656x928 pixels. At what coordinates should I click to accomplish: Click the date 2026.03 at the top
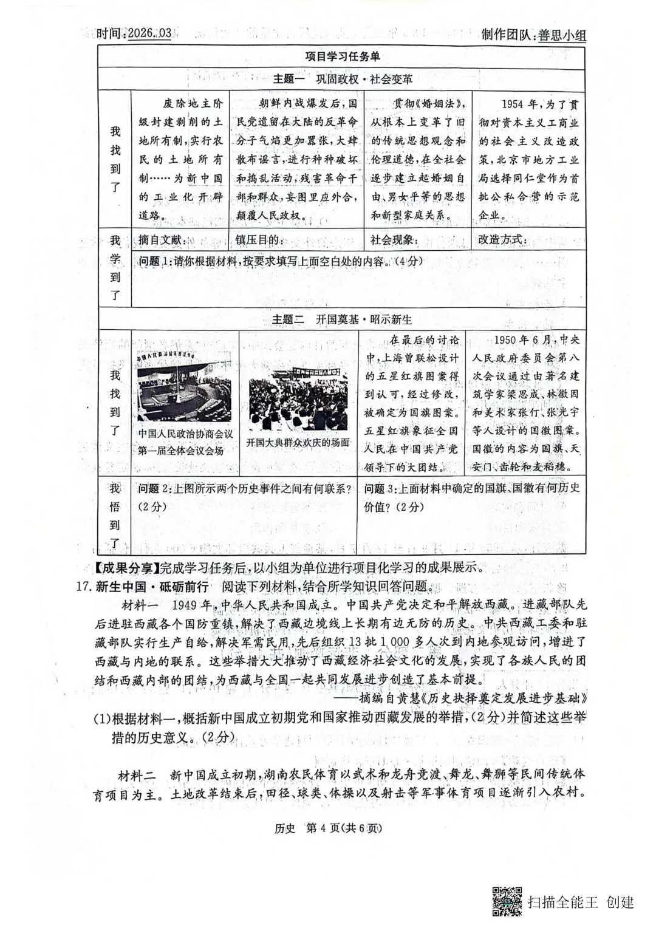point(149,33)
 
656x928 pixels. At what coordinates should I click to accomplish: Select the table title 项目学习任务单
point(343,56)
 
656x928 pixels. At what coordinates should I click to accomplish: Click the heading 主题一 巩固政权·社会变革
point(343,79)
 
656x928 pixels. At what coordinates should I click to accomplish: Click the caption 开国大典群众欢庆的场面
point(298,443)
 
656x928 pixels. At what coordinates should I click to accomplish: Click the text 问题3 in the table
point(381,488)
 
